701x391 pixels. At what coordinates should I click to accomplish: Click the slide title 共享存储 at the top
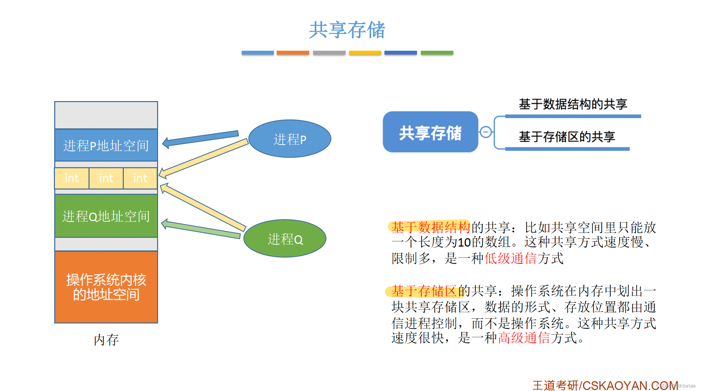point(347,30)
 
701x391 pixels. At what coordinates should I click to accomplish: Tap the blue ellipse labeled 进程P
point(290,139)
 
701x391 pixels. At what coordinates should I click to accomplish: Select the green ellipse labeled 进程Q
point(285,239)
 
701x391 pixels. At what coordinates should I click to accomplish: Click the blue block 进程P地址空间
point(106,145)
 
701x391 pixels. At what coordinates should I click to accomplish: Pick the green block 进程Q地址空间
point(106,216)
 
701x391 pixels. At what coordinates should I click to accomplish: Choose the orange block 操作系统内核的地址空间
point(106,287)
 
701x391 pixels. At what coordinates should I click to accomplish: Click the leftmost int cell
point(72,178)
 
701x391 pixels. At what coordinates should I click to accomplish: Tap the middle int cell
point(106,178)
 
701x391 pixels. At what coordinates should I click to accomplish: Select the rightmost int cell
point(140,178)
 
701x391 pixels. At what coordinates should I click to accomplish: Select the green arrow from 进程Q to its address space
point(201,229)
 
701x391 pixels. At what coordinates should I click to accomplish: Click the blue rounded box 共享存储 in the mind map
point(430,132)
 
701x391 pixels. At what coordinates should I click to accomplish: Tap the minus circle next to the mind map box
point(486,132)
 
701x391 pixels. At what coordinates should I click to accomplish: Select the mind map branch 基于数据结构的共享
point(573,104)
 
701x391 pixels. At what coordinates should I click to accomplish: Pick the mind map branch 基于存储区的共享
point(567,137)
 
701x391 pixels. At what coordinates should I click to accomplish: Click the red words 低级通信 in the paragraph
point(510,258)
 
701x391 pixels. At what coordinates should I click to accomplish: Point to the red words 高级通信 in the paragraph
point(524,338)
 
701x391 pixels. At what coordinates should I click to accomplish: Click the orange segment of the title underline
point(293,53)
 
